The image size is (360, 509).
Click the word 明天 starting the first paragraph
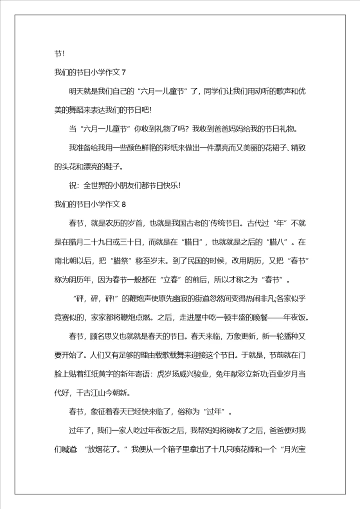click(x=75, y=91)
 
